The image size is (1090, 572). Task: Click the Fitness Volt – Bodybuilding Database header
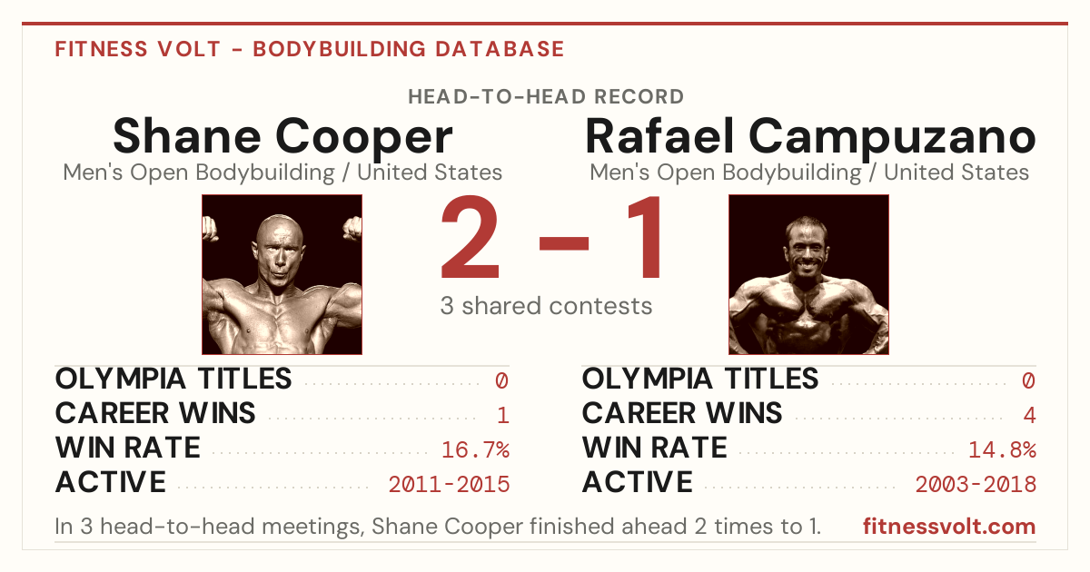[310, 49]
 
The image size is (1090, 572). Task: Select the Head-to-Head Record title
[546, 97]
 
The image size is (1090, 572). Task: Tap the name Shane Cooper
[282, 137]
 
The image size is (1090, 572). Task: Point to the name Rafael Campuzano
[810, 137]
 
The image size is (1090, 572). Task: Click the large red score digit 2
[471, 236]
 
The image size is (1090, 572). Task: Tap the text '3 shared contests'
[546, 306]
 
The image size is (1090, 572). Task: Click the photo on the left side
[282, 274]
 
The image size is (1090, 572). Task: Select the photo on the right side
[808, 274]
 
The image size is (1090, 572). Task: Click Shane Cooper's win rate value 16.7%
[475, 449]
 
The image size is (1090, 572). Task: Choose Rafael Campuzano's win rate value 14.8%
[1003, 449]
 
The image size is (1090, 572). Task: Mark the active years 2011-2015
[449, 485]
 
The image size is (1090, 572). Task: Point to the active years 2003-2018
[976, 485]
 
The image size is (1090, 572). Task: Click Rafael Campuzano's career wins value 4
[1029, 415]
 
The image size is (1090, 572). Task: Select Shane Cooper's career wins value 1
[503, 415]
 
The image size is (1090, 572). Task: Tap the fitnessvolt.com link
[949, 527]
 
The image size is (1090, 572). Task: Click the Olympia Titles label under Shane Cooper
[173, 379]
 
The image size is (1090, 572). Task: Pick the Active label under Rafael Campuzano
[638, 482]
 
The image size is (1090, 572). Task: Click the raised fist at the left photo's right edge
[352, 229]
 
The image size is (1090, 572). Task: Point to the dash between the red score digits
[564, 243]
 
